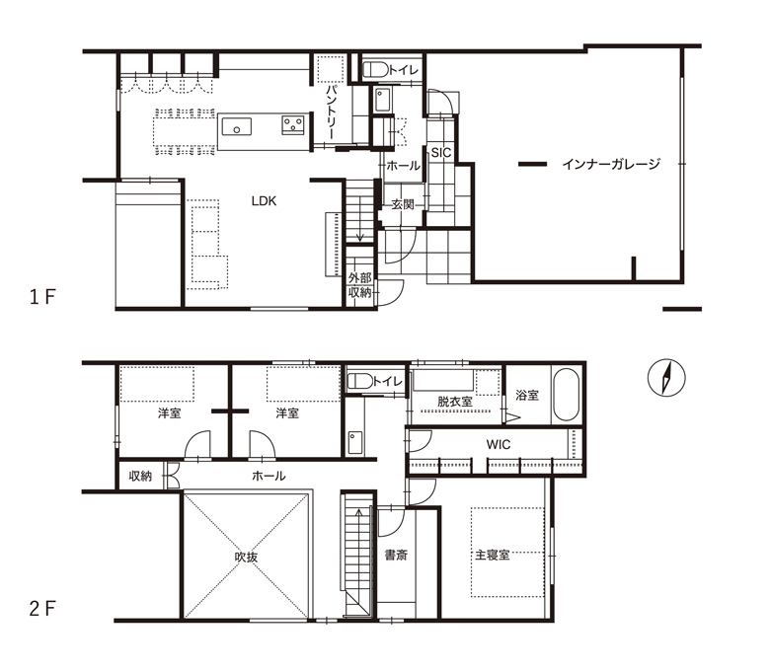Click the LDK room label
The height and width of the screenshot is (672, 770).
[264, 201]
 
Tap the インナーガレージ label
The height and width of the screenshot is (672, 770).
[611, 164]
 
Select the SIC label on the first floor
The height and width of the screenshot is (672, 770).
[441, 153]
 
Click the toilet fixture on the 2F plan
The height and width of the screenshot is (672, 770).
[360, 381]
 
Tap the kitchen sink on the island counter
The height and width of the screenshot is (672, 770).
[237, 126]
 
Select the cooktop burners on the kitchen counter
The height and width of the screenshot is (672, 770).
[293, 124]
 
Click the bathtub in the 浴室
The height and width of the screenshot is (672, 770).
[567, 394]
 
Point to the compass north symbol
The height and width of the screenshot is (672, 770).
[666, 378]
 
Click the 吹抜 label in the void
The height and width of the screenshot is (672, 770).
[246, 558]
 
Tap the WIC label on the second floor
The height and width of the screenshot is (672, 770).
[499, 445]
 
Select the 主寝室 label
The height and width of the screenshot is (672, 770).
[492, 556]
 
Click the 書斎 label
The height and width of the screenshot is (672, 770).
[396, 556]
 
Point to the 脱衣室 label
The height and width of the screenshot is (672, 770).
[455, 402]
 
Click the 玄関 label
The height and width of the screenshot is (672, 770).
[403, 204]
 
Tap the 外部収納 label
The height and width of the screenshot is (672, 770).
[360, 285]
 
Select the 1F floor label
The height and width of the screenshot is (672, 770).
[42, 297]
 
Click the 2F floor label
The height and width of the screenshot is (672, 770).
[42, 609]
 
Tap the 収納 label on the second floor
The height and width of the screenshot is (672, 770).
[140, 476]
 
